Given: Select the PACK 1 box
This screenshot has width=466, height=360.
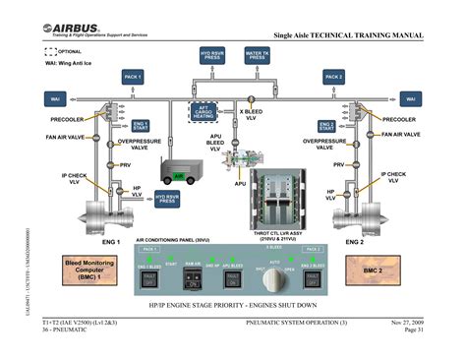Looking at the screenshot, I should coord(133,77).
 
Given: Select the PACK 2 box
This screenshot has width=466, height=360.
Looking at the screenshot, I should coord(334,77).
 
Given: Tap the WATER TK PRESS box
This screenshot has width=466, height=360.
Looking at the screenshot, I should coord(257,56).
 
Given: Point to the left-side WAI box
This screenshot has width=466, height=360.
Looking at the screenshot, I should coord(56,99).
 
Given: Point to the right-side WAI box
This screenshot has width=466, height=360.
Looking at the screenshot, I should coord(410,99).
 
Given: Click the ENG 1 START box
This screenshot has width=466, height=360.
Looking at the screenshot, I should coord(141,126).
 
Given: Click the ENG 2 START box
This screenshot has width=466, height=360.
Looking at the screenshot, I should coord(326,126).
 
